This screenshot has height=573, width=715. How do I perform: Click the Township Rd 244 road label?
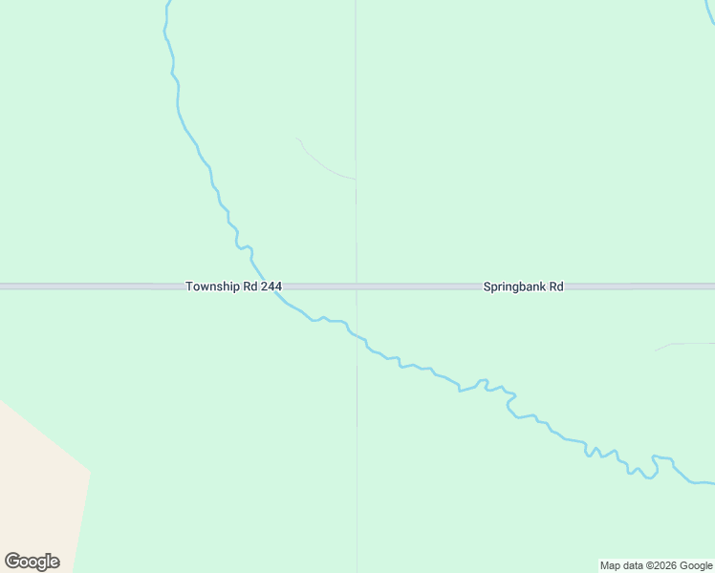tap(233, 286)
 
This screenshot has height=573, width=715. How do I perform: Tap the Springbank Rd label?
tap(523, 286)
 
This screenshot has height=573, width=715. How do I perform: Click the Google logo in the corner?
tap(32, 562)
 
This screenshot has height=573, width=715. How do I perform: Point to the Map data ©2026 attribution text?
tap(656, 566)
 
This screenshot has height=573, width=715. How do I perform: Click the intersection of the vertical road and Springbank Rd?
tap(357, 286)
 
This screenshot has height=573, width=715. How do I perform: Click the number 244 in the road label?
tap(270, 286)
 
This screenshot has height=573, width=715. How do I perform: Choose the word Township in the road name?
tap(212, 286)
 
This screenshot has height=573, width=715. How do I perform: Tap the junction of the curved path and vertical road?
tap(356, 179)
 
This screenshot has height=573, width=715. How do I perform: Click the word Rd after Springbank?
tap(555, 286)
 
